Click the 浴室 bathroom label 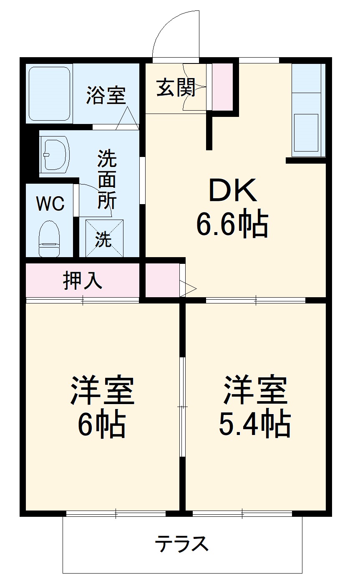coord(106,95)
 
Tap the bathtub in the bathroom coord(49,94)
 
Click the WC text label coord(50,204)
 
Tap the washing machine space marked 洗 coord(104,238)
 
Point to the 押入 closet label coord(83,281)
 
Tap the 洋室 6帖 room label coord(102,407)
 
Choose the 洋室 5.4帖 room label coord(255,407)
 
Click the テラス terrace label coord(182,544)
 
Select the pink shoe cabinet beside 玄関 coord(222,87)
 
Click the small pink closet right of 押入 coord(162,279)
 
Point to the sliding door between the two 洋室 coord(182,407)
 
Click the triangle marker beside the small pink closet coord(188,288)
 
